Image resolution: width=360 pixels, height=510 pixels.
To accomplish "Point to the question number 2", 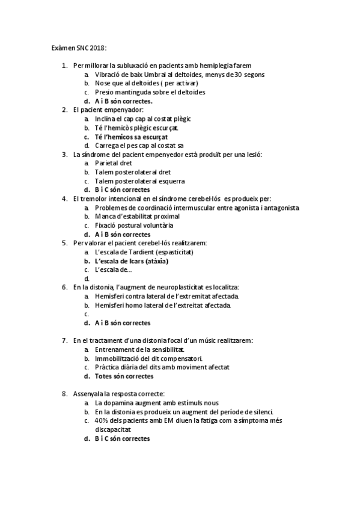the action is pyautogui.click(x=64, y=110).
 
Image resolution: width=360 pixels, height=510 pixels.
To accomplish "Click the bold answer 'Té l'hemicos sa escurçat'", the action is pyautogui.click(x=131, y=137).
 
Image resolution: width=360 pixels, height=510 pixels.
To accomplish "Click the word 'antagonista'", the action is pyautogui.click(x=279, y=207).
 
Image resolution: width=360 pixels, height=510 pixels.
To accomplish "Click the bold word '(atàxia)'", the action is pyautogui.click(x=154, y=261).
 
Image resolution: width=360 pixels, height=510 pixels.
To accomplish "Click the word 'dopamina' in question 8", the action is pyautogui.click(x=119, y=403).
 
